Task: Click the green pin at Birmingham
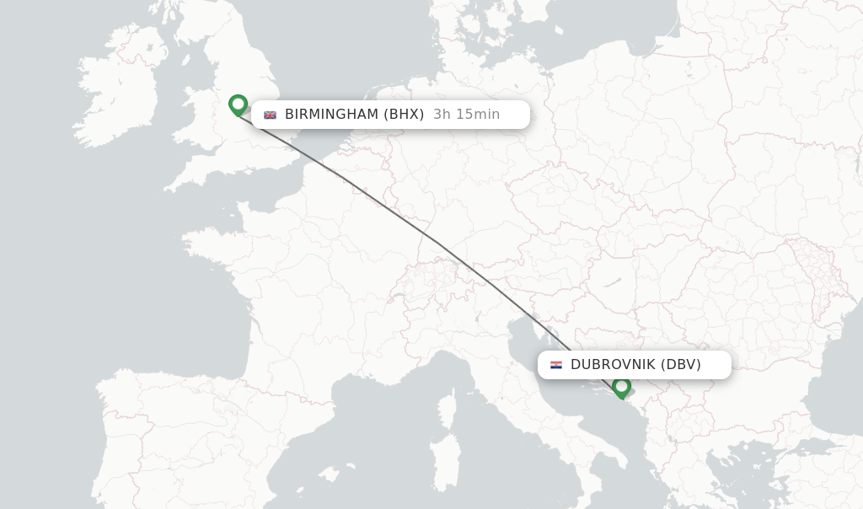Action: click(x=238, y=104)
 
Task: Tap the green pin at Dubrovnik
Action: click(x=622, y=387)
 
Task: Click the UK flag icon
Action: click(x=270, y=115)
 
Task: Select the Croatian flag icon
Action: click(x=556, y=365)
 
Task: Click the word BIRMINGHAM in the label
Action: click(x=331, y=115)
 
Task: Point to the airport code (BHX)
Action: click(x=404, y=115)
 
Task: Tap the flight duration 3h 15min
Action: click(x=466, y=115)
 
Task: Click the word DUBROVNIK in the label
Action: click(x=612, y=365)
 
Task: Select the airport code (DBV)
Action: click(x=681, y=365)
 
